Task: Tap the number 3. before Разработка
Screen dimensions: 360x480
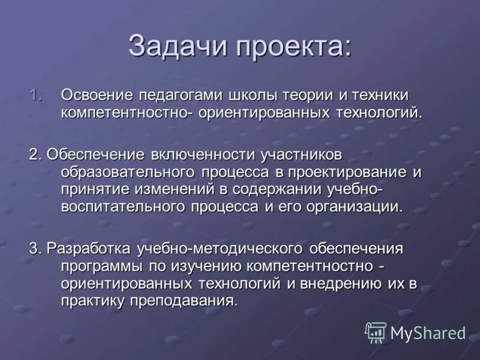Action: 35,248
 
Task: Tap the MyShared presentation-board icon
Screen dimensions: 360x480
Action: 376,332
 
